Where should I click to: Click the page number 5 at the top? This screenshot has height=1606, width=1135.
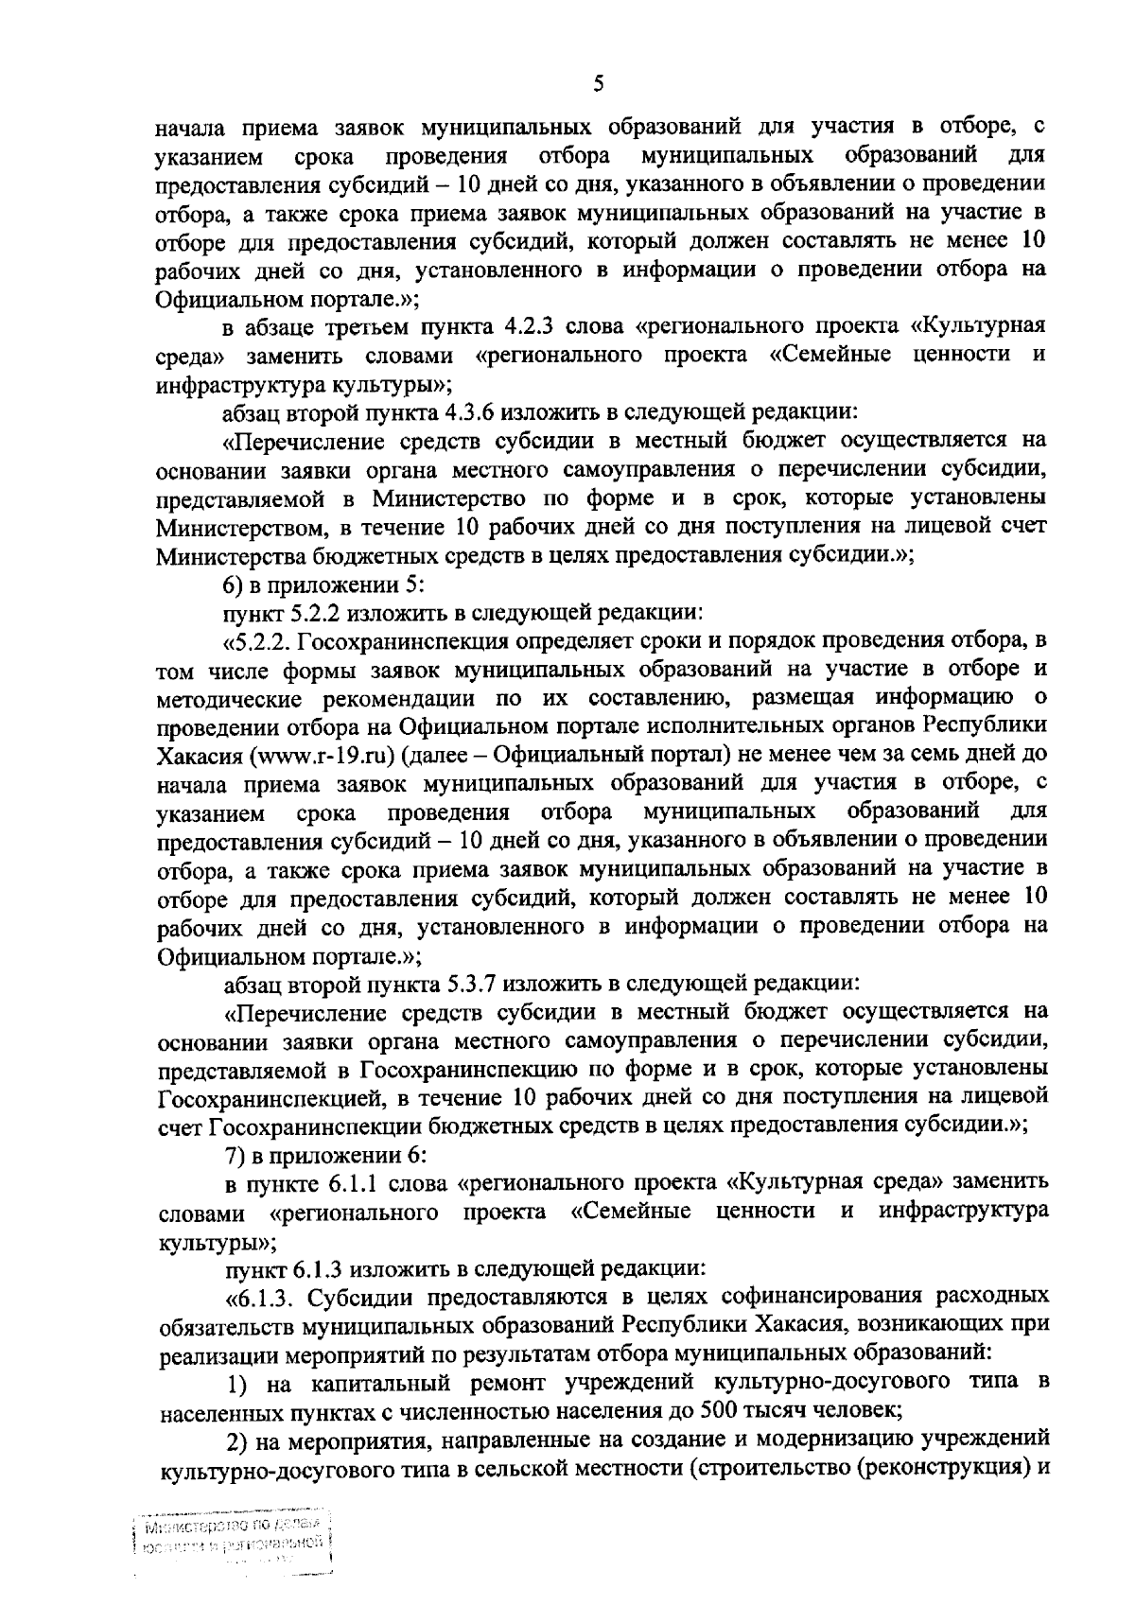click(x=598, y=84)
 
